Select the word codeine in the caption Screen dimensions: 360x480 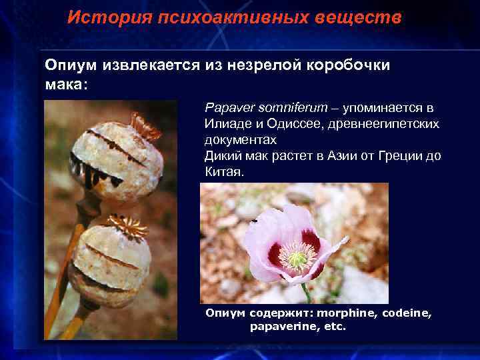point(407,313)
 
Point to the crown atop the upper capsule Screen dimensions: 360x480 point(145,125)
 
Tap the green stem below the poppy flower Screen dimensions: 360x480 point(306,293)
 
